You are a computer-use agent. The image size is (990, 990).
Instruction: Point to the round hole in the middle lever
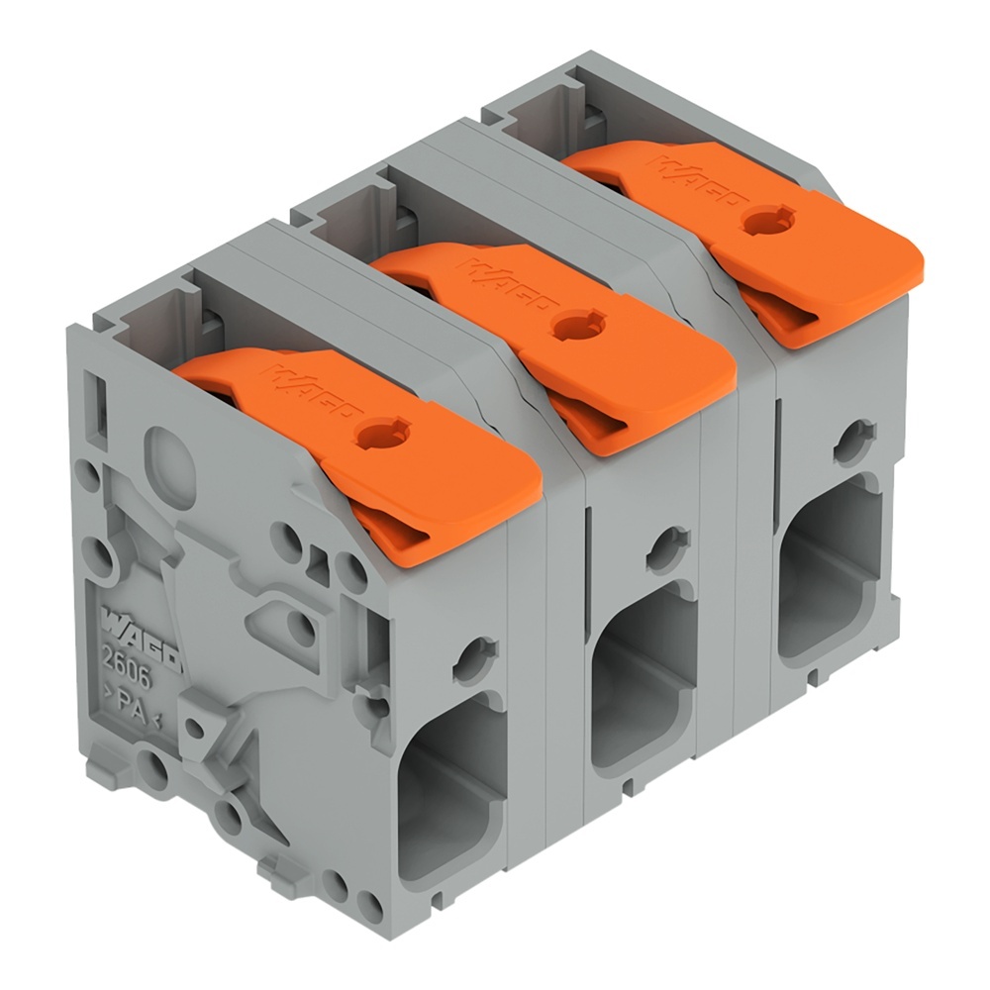point(572,325)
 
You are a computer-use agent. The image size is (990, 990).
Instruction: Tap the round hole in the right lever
point(760,219)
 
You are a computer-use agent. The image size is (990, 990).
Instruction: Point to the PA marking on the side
point(134,705)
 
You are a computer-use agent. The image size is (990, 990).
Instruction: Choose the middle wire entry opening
point(643,673)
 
